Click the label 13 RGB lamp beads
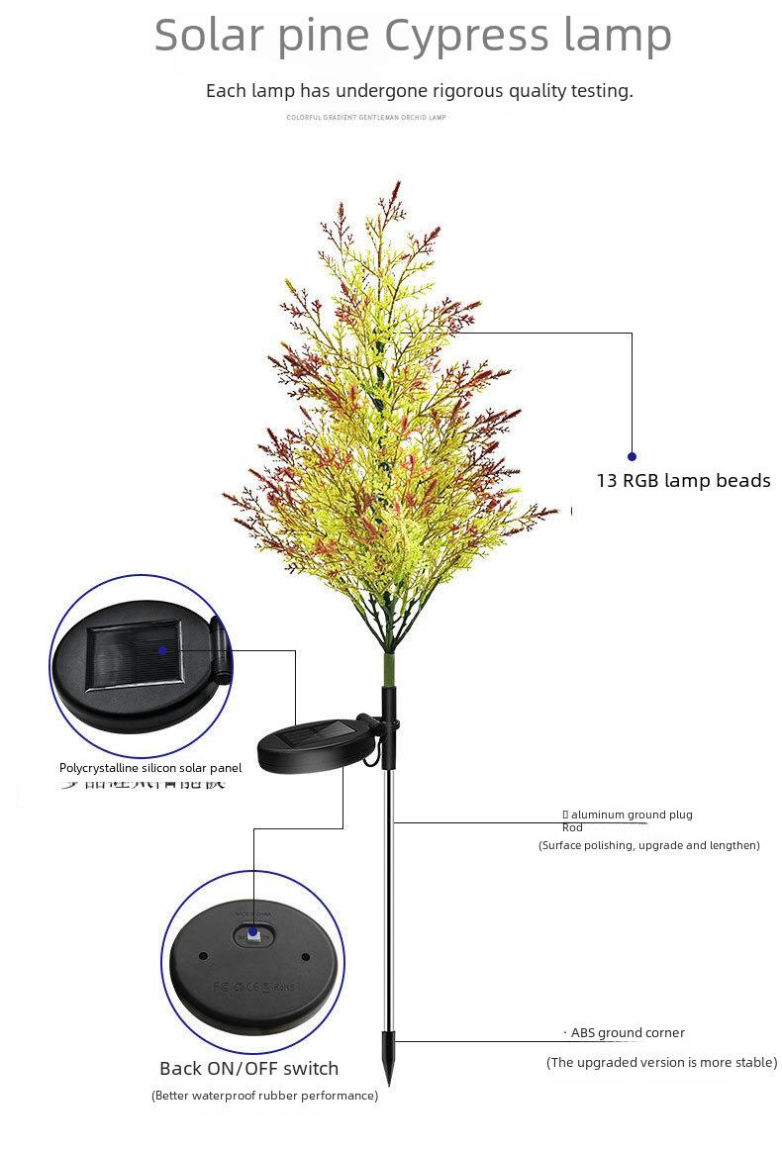[x=683, y=481]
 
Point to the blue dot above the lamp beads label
[x=633, y=456]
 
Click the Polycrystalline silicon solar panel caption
[x=150, y=768]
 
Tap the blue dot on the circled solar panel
[x=163, y=650]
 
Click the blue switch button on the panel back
[x=253, y=934]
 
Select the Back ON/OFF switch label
[x=248, y=1069]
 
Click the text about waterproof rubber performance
[x=264, y=1096]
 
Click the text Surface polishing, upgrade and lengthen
[x=649, y=845]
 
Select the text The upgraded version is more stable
[x=661, y=1063]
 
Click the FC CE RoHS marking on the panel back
[x=254, y=987]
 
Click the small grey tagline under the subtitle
[x=366, y=118]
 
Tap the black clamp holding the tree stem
[x=390, y=713]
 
